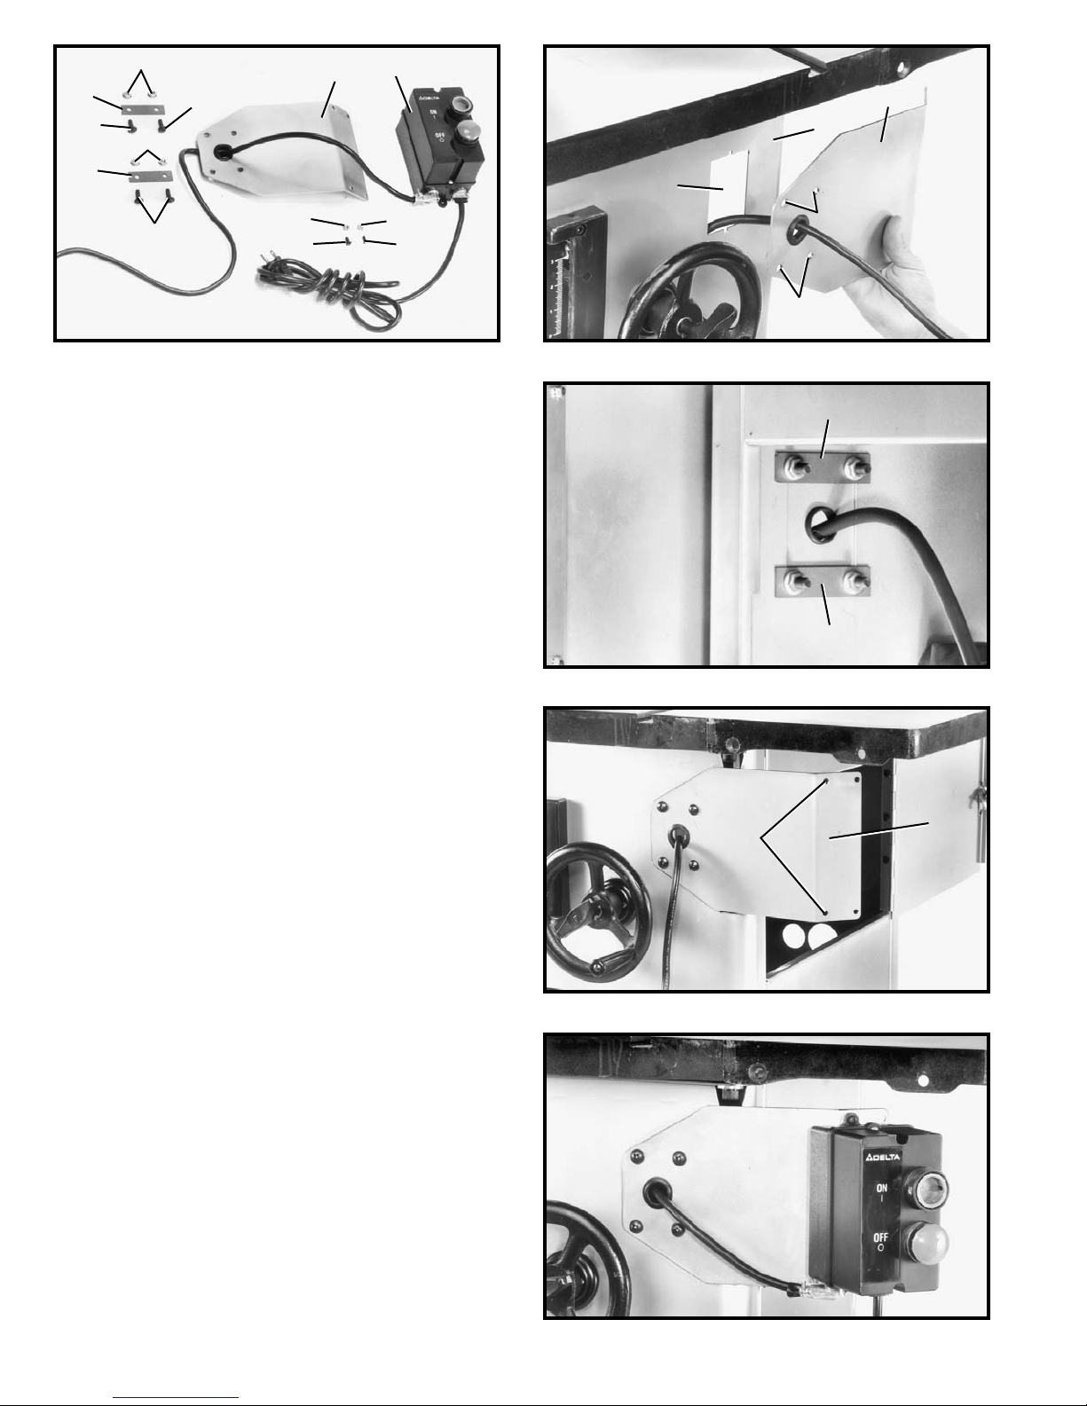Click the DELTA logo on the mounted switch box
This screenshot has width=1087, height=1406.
tap(882, 1157)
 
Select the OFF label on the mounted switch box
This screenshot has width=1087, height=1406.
tap(880, 1237)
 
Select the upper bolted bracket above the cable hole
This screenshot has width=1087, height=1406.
tap(823, 467)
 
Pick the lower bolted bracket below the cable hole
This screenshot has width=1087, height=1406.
tap(823, 580)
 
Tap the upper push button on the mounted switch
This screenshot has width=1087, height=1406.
tap(931, 1186)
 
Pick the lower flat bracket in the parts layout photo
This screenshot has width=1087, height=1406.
tap(151, 176)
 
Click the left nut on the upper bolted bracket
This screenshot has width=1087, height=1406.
tap(792, 466)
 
